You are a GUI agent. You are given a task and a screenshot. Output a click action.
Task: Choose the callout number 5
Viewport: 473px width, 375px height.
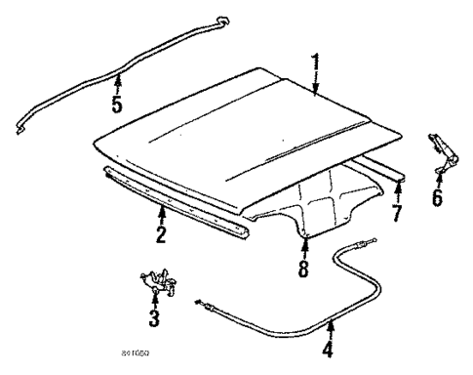click(117, 104)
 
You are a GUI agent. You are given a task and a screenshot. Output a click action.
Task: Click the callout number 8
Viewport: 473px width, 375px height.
click(303, 267)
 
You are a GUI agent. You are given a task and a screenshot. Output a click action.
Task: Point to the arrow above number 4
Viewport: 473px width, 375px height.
click(331, 326)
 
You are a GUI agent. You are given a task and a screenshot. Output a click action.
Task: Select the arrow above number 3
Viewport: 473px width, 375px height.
click(153, 300)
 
